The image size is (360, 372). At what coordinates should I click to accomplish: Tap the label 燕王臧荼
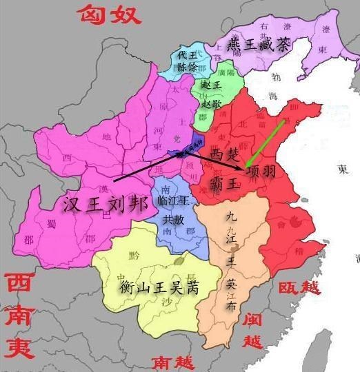tap(260, 46)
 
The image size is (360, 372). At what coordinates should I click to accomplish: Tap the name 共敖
tap(173, 219)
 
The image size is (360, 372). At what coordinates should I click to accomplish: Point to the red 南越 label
tap(172, 361)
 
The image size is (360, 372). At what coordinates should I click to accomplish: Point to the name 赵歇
tap(212, 104)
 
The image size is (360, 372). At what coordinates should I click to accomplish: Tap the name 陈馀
tap(187, 67)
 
